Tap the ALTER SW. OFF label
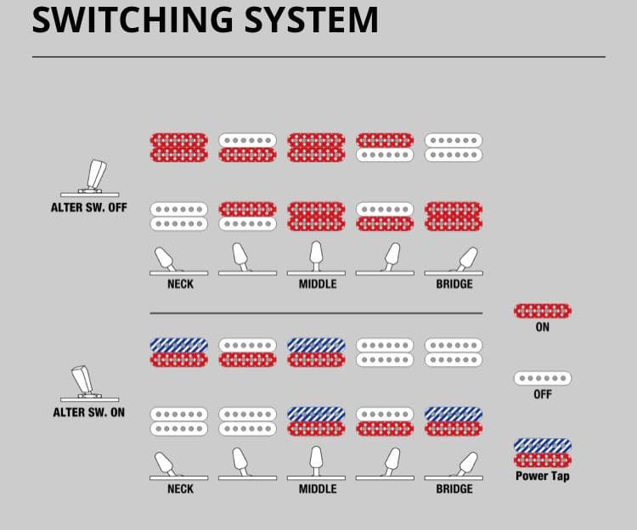[89, 206]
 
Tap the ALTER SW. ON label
[89, 413]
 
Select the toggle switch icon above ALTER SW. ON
[83, 383]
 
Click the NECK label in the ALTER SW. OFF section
[180, 284]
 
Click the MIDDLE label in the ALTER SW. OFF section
[318, 284]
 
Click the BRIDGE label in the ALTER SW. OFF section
[454, 284]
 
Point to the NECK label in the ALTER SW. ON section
[180, 489]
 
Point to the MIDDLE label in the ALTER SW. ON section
[318, 489]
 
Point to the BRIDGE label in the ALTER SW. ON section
[454, 489]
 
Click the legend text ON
[543, 328]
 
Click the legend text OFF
[543, 394]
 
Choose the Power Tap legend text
[543, 476]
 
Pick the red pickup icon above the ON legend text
[543, 311]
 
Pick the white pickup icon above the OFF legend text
[543, 378]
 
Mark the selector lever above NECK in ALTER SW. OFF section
[165, 257]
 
